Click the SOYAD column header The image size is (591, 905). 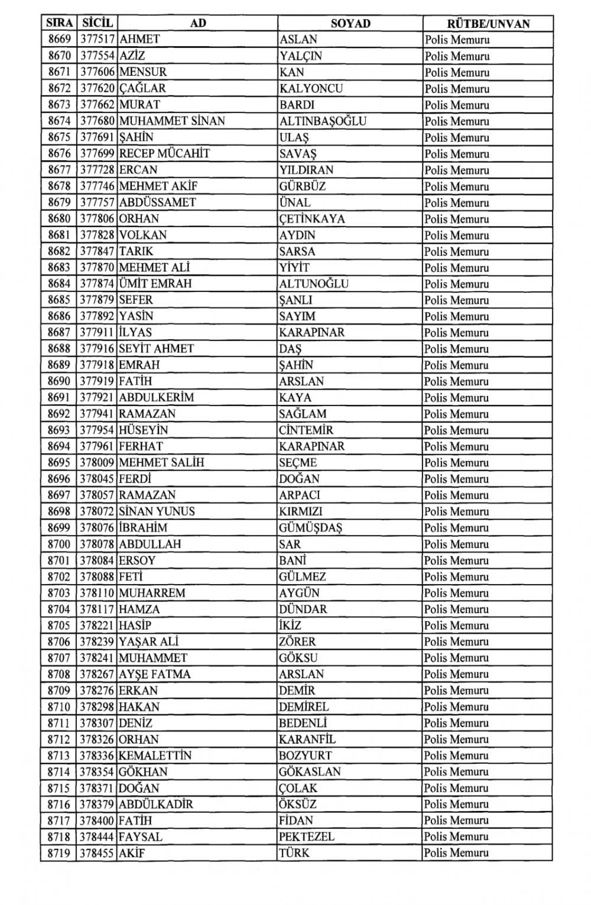click(x=350, y=24)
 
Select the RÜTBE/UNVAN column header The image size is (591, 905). click(x=488, y=24)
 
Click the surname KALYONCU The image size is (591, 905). click(x=311, y=89)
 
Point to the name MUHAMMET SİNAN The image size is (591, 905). click(x=172, y=121)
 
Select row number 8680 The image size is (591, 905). click(x=59, y=219)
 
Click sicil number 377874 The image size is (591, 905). click(x=96, y=284)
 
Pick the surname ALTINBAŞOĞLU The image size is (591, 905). click(x=323, y=121)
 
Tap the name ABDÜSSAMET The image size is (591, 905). click(x=157, y=202)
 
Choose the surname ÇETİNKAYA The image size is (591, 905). click(x=312, y=219)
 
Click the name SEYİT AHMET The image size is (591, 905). click(x=156, y=349)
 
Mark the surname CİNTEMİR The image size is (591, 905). click(x=306, y=430)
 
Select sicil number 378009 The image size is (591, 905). click(x=96, y=463)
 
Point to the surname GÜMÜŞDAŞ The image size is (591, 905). click(x=311, y=528)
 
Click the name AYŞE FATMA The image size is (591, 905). click(x=154, y=674)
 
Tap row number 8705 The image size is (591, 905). click(x=59, y=625)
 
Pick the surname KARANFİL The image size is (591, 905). click(x=307, y=739)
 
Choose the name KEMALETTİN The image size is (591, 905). click(x=155, y=755)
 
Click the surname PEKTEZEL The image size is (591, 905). click(x=307, y=837)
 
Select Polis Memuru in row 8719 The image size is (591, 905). click(x=456, y=853)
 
